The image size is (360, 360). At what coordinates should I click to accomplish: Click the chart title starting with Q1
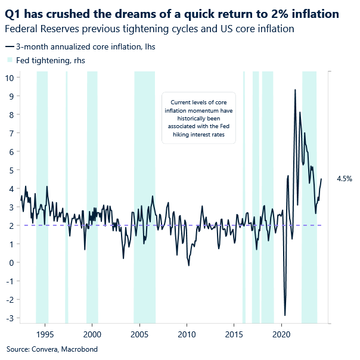tap(173, 14)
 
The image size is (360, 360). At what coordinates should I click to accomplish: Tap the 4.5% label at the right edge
tap(345, 179)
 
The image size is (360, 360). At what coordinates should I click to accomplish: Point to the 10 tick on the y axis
tap(10, 77)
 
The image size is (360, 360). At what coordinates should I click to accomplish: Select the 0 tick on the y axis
tap(12, 262)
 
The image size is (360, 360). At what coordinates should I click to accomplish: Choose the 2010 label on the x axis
tap(187, 334)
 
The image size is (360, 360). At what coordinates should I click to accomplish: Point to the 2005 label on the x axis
tap(140, 334)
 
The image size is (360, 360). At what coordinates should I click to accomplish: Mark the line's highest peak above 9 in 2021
tap(295, 90)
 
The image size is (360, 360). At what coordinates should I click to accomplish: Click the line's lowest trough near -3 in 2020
tap(285, 315)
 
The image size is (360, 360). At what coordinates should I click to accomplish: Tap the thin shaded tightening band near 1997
tap(67, 197)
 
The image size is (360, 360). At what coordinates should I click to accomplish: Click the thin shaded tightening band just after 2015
tap(244, 197)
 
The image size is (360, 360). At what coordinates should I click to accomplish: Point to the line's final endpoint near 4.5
tap(321, 179)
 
